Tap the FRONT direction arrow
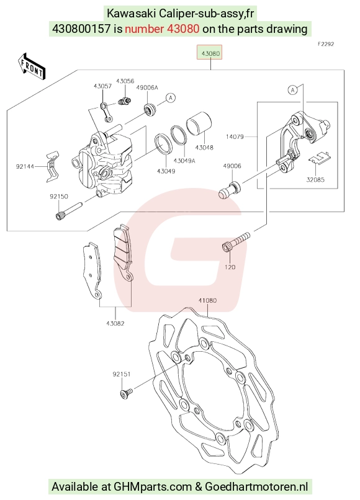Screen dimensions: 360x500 click(32, 67)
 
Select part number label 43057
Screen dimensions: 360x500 click(102, 86)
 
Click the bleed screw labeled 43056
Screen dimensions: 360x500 click(125, 101)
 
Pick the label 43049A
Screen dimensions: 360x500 click(184, 161)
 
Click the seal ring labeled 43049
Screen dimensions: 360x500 click(164, 143)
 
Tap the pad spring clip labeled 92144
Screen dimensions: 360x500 click(52, 166)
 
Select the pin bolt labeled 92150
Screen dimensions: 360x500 click(70, 211)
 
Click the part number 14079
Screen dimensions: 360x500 click(235, 137)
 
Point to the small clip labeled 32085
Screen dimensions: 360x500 click(319, 158)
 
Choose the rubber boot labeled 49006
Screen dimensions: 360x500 click(230, 190)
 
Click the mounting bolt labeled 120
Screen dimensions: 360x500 click(236, 242)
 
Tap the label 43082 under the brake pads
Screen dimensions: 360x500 click(115, 324)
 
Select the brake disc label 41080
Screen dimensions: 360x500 click(207, 300)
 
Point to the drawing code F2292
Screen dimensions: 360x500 click(325, 44)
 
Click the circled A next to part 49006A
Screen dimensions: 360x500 click(171, 97)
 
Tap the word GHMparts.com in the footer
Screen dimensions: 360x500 click(153, 487)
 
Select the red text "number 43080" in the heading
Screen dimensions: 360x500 click(162, 29)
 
